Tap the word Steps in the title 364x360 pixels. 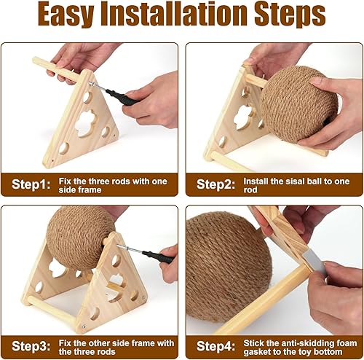(290, 17)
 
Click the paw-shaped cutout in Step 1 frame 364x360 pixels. (84, 117)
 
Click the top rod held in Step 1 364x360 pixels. (58, 70)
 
